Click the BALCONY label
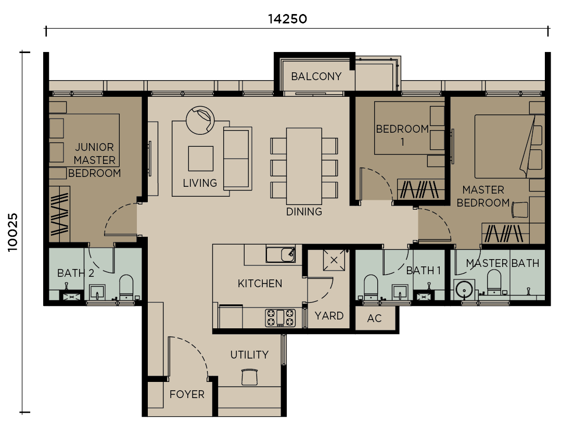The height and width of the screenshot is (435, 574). pos(316,76)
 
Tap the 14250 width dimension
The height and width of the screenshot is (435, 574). pos(287,19)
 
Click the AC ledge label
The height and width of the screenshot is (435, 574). pos(374,318)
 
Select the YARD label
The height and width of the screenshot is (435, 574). pos(329,316)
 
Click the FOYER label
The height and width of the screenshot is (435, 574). pos(187,394)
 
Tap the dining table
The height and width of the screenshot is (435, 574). pos(304,165)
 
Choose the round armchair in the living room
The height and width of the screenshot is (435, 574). pos(200,120)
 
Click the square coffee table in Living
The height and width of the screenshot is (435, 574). pos(200,159)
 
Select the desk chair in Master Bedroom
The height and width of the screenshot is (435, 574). pos(520,210)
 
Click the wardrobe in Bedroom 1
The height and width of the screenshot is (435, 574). pos(420,189)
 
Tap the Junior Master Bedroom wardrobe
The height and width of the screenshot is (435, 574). pos(59,213)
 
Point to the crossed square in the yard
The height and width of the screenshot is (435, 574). pos(334,260)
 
